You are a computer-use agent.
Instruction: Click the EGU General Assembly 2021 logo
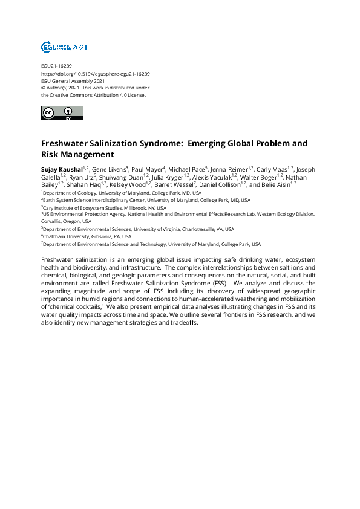(64, 47)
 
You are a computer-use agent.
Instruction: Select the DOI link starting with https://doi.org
(95, 74)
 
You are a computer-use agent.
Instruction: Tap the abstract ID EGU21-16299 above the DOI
(56, 66)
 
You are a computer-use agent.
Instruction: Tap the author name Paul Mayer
(146, 169)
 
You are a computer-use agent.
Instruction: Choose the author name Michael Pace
(186, 169)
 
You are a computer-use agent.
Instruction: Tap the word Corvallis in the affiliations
(53, 221)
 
